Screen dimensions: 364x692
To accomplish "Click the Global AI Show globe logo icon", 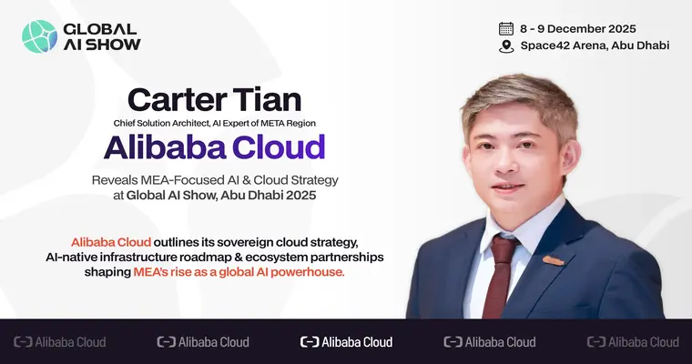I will click(x=39, y=36).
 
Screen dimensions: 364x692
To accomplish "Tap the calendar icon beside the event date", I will click(x=506, y=28).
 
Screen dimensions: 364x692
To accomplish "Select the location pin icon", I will click(x=506, y=46).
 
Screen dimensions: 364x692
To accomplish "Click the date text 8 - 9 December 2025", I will click(x=577, y=28).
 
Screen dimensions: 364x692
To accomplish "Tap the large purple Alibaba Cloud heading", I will click(x=214, y=147).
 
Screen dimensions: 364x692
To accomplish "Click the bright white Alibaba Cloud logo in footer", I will click(x=346, y=342).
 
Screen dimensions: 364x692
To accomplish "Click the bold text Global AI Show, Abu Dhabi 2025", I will click(x=239, y=194).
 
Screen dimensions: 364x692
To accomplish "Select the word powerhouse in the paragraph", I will click(x=306, y=273).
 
